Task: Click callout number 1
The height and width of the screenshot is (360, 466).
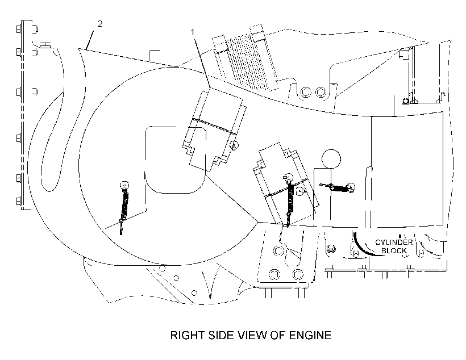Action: pos(193,32)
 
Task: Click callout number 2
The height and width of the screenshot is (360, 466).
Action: pos(100,23)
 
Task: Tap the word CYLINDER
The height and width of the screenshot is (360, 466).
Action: pos(394,242)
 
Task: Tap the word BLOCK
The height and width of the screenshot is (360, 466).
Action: pos(394,251)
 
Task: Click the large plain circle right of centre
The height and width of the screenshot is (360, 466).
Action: pos(331,159)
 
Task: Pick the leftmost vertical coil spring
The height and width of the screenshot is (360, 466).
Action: pos(124,207)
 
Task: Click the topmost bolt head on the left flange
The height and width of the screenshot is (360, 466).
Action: pos(19,30)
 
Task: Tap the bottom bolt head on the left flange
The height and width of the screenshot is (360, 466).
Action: pos(18,202)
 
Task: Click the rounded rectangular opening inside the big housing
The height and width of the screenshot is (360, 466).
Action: pos(176,160)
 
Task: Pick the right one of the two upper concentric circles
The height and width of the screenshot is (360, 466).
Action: pos(321,92)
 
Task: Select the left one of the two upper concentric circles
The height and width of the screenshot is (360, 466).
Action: pos(306,92)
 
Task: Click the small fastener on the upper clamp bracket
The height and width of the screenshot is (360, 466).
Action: pos(235,145)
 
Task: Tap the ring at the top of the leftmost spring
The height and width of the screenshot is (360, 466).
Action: pos(124,186)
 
